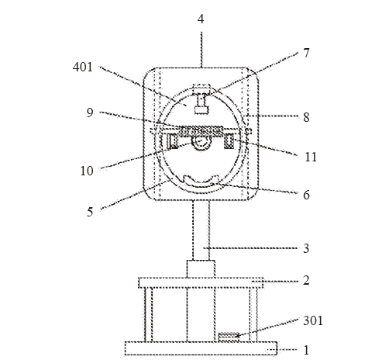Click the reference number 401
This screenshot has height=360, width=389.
click(x=82, y=67)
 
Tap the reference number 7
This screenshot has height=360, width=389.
click(x=306, y=53)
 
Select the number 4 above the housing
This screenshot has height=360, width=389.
click(x=201, y=19)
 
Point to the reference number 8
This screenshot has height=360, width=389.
click(x=306, y=117)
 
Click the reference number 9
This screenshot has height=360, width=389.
click(x=90, y=112)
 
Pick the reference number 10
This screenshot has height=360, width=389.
click(x=87, y=171)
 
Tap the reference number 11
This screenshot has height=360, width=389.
click(x=311, y=157)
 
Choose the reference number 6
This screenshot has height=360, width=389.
click(x=306, y=195)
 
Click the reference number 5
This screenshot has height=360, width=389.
click(x=90, y=212)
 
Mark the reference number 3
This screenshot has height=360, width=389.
click(x=306, y=248)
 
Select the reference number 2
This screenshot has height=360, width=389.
click(x=306, y=280)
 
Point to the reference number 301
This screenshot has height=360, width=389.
click(x=313, y=320)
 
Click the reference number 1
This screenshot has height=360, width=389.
click(x=306, y=350)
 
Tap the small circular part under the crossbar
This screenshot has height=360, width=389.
click(x=201, y=144)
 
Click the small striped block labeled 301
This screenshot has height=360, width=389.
click(x=229, y=337)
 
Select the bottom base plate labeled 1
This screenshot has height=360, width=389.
click(x=201, y=348)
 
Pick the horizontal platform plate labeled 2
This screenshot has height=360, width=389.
click(x=201, y=283)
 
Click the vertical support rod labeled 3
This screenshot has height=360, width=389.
click(x=201, y=230)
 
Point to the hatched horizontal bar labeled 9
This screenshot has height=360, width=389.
click(x=201, y=131)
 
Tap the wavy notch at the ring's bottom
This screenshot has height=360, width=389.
click(x=201, y=181)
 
